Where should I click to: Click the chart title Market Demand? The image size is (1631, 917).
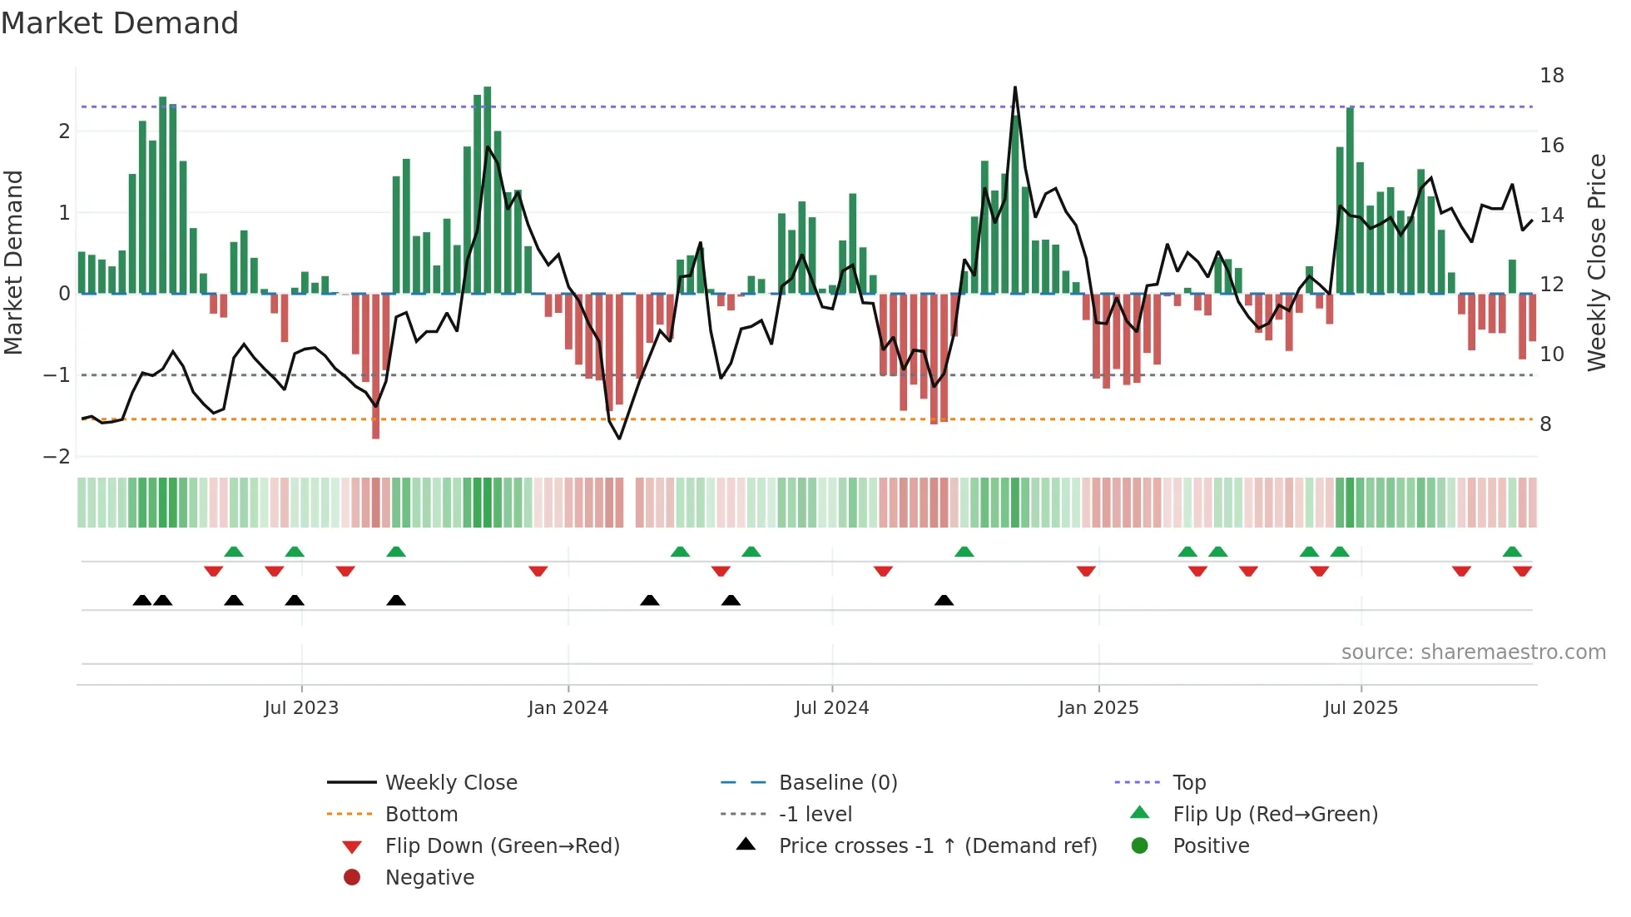tap(120, 23)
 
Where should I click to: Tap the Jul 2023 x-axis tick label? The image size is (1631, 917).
tap(301, 708)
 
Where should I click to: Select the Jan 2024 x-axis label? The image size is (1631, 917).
tap(568, 708)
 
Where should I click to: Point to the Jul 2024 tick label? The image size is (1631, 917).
tap(831, 708)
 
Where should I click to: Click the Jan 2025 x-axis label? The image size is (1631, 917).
tap(1098, 708)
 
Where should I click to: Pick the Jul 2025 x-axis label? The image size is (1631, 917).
tap(1361, 708)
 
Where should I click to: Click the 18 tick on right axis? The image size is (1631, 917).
tap(1552, 76)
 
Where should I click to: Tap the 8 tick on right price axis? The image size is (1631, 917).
tap(1545, 424)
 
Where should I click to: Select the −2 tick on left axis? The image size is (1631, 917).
tap(57, 457)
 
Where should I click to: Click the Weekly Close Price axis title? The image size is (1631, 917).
tap(1596, 262)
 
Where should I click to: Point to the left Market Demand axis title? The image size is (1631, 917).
tap(13, 262)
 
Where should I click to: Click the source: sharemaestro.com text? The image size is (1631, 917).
tap(1473, 652)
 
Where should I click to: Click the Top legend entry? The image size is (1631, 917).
tap(1189, 783)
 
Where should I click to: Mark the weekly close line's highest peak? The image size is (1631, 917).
tap(1015, 87)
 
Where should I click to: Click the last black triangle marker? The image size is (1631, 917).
tap(944, 601)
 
